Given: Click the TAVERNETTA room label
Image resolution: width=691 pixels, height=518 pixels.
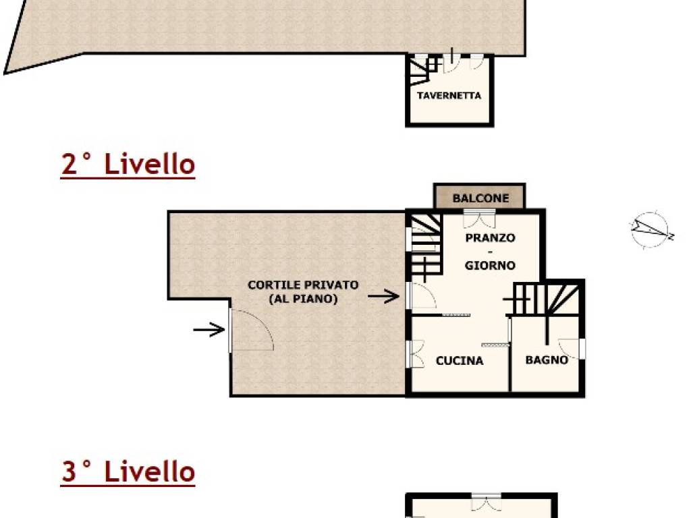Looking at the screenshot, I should click(x=449, y=96).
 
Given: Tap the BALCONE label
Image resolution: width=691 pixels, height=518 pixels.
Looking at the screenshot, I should click(x=480, y=198).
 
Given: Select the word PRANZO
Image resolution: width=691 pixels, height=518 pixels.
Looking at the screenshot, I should click(x=490, y=238).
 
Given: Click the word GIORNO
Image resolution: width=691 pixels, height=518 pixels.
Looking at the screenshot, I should click(x=490, y=266).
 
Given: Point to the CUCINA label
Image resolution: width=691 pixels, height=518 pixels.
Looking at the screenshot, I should click(x=460, y=361).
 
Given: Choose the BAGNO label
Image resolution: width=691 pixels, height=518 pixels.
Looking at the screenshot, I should click(x=547, y=360).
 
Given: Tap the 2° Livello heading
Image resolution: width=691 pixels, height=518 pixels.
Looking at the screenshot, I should click(x=128, y=165).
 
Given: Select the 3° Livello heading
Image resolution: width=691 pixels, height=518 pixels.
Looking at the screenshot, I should click(x=128, y=472).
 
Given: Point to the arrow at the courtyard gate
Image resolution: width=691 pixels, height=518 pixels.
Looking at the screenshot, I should click(x=209, y=329).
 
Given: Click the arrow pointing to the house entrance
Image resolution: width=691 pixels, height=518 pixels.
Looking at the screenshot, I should click(x=384, y=295).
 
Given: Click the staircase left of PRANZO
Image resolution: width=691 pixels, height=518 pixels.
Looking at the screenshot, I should click(x=424, y=247).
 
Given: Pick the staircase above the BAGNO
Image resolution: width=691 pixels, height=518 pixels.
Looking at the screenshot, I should click(x=546, y=299).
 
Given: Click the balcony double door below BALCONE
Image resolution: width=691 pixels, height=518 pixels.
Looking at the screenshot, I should click(x=479, y=219).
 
